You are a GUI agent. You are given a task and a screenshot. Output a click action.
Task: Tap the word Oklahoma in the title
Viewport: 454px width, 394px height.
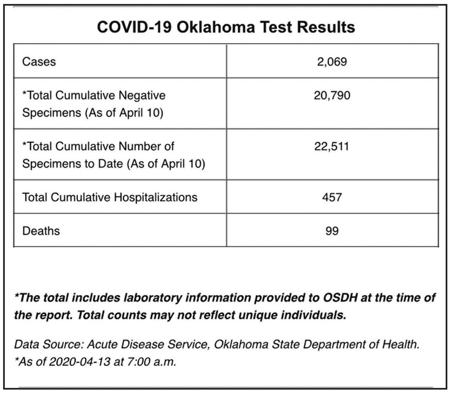pos(216,27)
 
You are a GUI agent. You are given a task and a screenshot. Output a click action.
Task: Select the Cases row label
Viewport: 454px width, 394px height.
pos(39,62)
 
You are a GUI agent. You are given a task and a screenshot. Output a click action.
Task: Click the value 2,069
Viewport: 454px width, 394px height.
pos(332,62)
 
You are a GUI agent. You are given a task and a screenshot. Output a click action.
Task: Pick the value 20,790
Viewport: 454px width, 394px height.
pos(332,95)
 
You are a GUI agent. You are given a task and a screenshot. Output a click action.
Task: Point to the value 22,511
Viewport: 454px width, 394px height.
pos(332,146)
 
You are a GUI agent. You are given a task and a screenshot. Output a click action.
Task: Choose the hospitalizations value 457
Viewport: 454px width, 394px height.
pos(332,197)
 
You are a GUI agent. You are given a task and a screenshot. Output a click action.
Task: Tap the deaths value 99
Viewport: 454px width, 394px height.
pos(332,231)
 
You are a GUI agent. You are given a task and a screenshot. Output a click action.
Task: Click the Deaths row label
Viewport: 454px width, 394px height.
pos(41,231)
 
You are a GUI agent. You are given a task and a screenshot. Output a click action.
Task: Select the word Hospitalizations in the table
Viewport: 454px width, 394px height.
pos(156,198)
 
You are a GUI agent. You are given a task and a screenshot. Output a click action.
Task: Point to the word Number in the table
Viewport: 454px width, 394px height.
pos(139,146)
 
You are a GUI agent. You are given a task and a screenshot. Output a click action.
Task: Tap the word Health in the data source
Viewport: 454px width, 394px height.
pos(401,344)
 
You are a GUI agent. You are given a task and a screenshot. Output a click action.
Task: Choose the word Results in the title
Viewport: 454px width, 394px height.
pos(326,27)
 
